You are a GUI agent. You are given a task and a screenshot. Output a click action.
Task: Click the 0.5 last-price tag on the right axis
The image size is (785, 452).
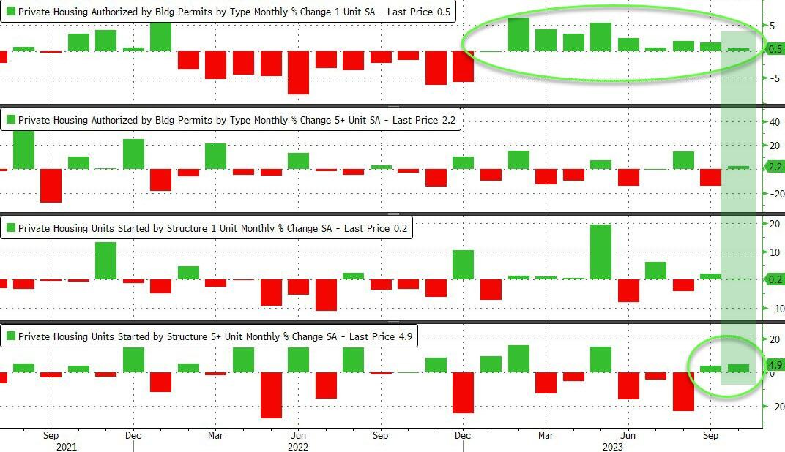pos(774,50)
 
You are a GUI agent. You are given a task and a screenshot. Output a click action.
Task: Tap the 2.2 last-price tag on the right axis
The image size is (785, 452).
pos(774,167)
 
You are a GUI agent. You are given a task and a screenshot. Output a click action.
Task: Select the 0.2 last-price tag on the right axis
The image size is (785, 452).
pos(774,279)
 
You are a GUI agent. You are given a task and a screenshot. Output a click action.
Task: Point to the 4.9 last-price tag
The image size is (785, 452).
pos(775,364)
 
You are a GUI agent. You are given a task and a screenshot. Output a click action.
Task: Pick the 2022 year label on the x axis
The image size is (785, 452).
pos(297,445)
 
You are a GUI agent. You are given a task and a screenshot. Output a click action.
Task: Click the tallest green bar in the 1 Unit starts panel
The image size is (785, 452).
pos(600,252)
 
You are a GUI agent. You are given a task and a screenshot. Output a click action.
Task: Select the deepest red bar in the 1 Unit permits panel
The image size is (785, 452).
pos(298,72)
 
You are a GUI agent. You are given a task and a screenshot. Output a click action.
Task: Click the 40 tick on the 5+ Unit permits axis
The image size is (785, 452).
pos(772,123)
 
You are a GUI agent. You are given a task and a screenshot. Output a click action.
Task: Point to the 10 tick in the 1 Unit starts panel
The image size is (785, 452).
pos(772,252)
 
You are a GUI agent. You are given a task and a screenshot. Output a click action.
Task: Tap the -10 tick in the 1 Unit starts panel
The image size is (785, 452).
pos(770,309)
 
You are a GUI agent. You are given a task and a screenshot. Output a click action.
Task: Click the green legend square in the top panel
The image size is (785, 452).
pos(10,12)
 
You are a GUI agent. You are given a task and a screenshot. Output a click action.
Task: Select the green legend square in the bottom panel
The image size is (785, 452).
pos(10,336)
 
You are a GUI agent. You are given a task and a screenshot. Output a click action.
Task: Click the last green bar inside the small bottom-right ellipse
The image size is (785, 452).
pos(737,368)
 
